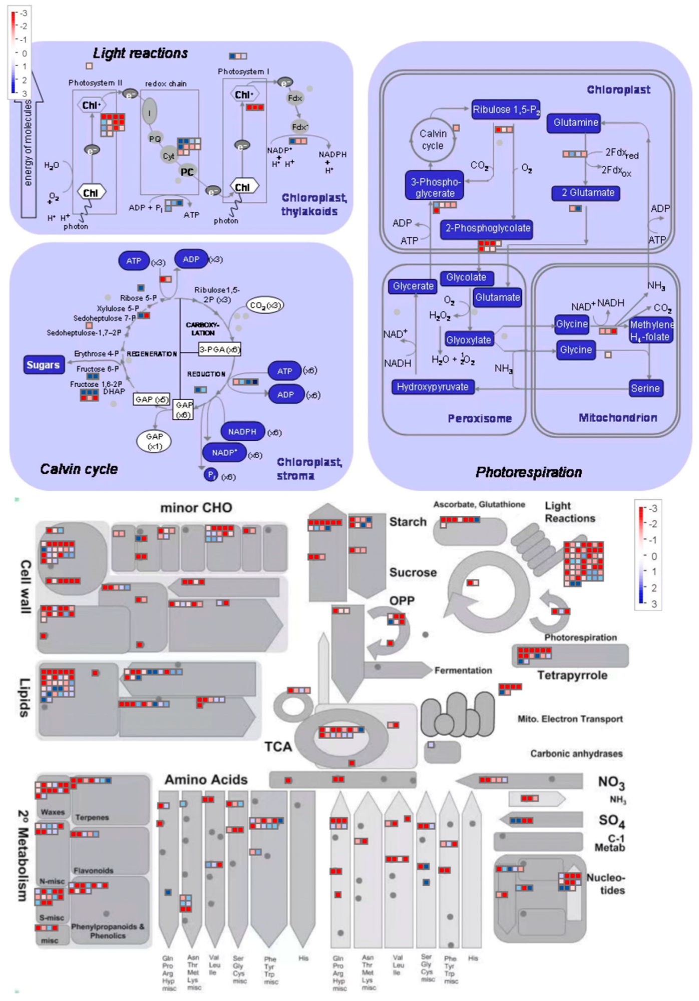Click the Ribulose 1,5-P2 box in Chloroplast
[506, 110]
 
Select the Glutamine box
[575, 123]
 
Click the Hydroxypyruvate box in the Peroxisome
[433, 387]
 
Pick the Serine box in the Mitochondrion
[645, 389]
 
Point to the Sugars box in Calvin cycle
[43, 365]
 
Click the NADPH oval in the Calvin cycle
[242, 432]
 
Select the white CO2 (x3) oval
[265, 305]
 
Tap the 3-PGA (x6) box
[220, 350]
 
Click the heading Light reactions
[140, 54]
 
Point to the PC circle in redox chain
[188, 172]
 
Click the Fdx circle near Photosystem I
[295, 98]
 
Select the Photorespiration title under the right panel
[529, 472]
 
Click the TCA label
[278, 747]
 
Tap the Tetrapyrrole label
[572, 676]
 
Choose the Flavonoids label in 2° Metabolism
[93, 870]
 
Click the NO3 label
[611, 782]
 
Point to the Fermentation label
[463, 671]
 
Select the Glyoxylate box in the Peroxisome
[469, 340]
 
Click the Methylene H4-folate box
[651, 331]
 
